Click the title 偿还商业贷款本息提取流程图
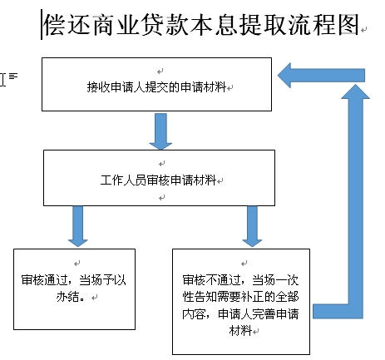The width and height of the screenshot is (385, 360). click(201, 25)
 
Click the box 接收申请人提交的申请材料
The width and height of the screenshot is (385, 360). click(156, 84)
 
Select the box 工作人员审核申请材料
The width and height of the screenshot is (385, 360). click(159, 178)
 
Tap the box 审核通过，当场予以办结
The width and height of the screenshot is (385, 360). click(74, 289)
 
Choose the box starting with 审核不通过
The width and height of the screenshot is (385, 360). click(241, 302)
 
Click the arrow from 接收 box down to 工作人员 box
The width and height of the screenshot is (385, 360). click(160, 131)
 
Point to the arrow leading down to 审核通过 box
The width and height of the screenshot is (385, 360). click(78, 226)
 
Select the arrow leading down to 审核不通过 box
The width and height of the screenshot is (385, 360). click(252, 226)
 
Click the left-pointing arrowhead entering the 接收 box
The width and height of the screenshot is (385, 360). click(284, 76)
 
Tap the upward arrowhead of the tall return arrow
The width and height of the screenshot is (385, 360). click(355, 91)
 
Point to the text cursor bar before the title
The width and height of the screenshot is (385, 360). click(42, 24)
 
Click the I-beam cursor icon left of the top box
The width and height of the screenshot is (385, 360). click(2, 80)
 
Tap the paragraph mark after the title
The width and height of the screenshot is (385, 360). click(364, 29)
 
